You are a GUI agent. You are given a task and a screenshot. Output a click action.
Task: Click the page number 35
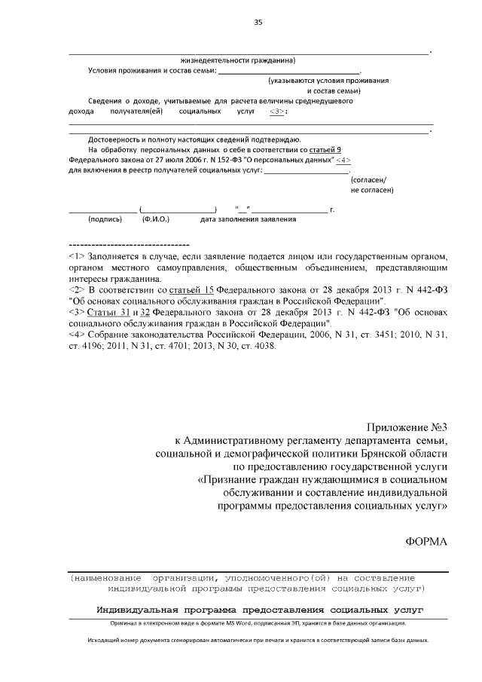pos(258,23)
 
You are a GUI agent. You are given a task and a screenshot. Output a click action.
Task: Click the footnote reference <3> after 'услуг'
pos(277,111)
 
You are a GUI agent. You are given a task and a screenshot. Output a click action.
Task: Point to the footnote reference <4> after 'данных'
pos(343,161)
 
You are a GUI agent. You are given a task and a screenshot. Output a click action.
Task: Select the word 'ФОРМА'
pos(426,542)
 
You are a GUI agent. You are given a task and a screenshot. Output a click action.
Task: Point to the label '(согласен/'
pos(368,180)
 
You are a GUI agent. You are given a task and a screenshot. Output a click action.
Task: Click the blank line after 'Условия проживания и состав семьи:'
pos(290,71)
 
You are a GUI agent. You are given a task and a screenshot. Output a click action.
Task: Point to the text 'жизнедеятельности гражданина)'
pos(238,60)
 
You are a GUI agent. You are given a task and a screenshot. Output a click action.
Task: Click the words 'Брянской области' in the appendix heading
pos(404,454)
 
